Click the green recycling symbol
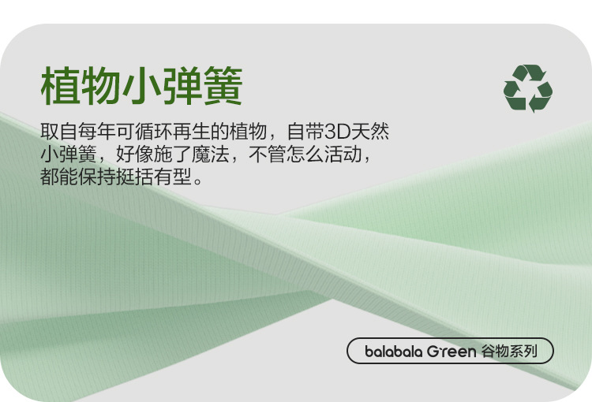pos(528,88)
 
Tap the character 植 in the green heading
pos(61,85)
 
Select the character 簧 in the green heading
pos(223,85)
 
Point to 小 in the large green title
pos(141,85)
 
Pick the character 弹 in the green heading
pos(182,85)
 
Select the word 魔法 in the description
pos(210,154)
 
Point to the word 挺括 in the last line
pos(135,176)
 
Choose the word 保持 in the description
pos(97,176)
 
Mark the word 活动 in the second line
pos(343,154)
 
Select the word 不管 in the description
pos(268,154)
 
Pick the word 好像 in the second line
pos(135,154)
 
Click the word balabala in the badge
pos(394,351)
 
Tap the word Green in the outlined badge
pos(451,352)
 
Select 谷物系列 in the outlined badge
pos(509,351)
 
